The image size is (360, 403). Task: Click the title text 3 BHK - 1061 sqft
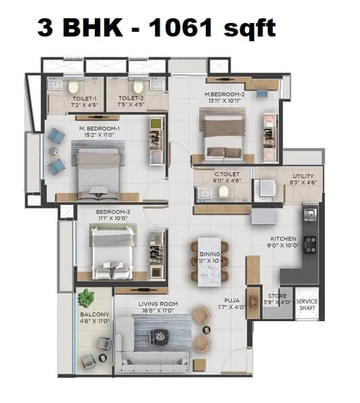click(156, 28)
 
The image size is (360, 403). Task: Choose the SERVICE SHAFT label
click(307, 304)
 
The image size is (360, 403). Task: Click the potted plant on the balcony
click(87, 298)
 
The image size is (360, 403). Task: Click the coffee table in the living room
click(160, 334)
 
